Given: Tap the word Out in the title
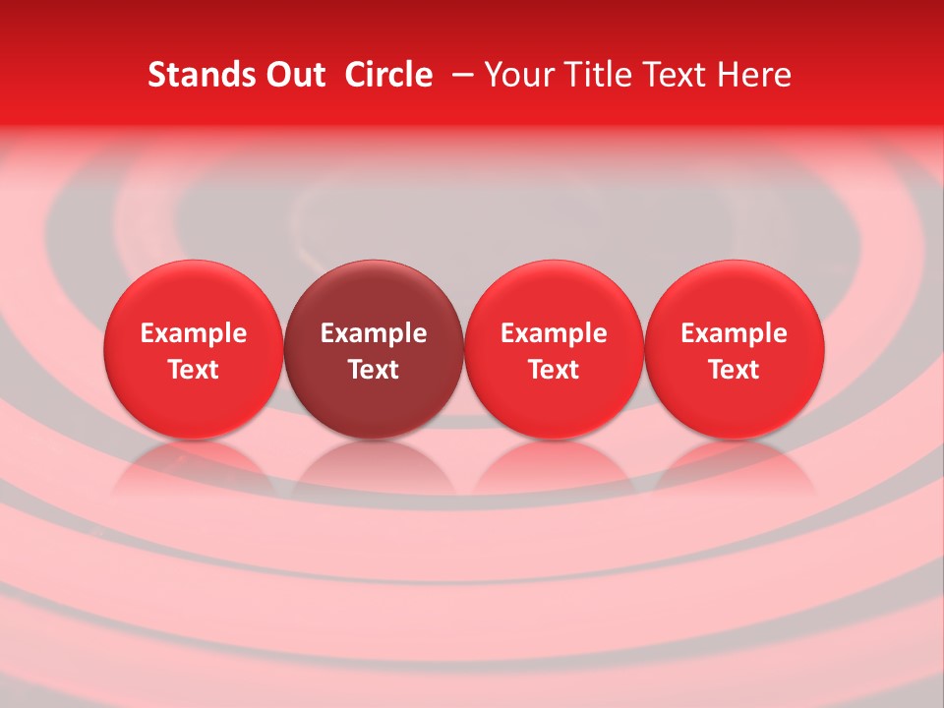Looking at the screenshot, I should [292, 75].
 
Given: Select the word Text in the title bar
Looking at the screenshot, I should [676, 75].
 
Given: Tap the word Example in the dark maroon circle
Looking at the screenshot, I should [374, 333].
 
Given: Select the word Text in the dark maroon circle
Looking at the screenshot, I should [374, 370].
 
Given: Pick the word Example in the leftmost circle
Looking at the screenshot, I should [193, 333].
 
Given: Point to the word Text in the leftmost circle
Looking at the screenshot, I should [193, 370].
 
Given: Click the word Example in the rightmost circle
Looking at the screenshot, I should [735, 333].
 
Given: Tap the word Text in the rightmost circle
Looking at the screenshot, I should [735, 370].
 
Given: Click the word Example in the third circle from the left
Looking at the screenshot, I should [554, 333].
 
